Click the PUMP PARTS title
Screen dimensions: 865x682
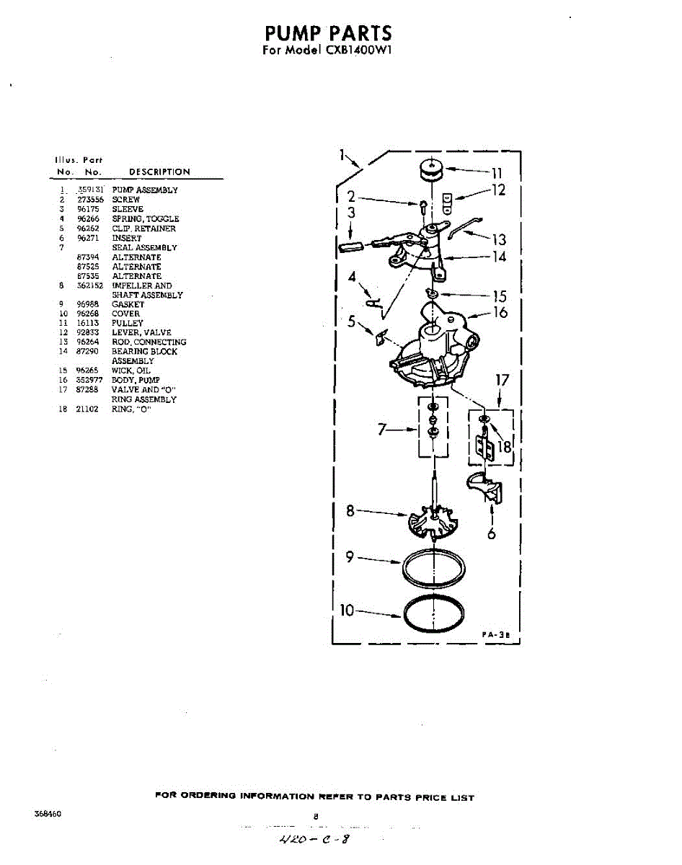click(x=328, y=33)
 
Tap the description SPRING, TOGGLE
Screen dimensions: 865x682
click(x=145, y=218)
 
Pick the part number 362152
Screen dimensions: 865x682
click(x=89, y=285)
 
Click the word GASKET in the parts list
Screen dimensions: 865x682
click(x=128, y=304)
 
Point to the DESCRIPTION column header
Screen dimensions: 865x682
click(x=159, y=172)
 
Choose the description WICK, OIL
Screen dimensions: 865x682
click(x=131, y=371)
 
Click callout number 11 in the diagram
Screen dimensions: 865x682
click(x=496, y=172)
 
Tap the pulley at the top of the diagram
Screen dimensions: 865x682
click(x=432, y=170)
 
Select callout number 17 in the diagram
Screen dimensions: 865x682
click(x=502, y=380)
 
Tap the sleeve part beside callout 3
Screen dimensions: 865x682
click(x=352, y=246)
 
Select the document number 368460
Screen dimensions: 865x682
click(x=48, y=813)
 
